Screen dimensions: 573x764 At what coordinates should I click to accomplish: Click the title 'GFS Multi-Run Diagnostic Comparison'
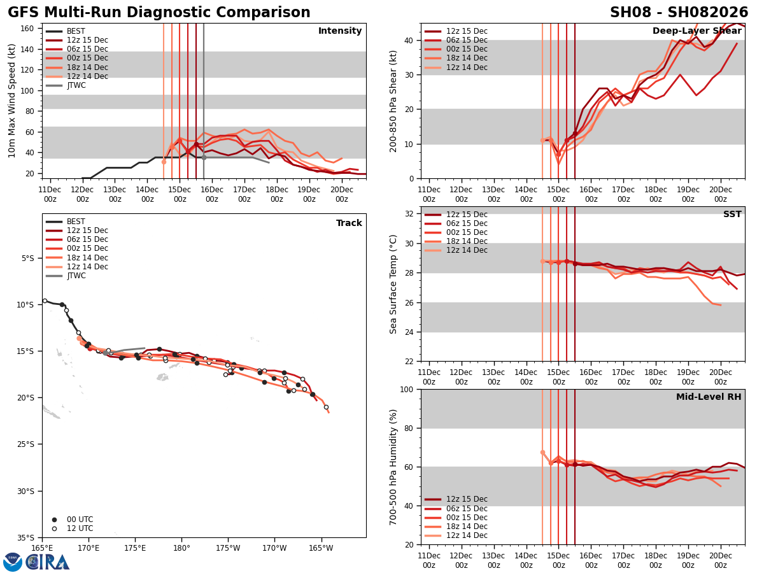(x=159, y=13)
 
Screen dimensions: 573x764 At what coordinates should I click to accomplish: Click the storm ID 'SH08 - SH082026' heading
(x=679, y=13)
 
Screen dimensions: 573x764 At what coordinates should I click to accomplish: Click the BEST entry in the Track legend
(x=76, y=222)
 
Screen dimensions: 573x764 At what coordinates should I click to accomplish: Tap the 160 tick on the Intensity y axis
(x=28, y=29)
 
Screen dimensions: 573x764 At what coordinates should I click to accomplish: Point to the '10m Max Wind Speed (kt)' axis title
(x=11, y=101)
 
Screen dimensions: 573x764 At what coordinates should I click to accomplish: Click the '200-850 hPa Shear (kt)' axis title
(x=394, y=101)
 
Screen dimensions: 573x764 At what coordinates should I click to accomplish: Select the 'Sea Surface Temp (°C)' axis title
(x=394, y=284)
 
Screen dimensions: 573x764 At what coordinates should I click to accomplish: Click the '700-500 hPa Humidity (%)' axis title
(x=394, y=467)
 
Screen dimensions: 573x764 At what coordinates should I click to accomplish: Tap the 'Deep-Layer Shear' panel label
(x=697, y=31)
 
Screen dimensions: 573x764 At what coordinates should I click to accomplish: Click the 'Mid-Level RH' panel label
(x=709, y=397)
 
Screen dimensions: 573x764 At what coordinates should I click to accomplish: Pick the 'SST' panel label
(x=732, y=215)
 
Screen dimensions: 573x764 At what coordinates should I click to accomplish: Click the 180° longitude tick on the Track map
(x=181, y=548)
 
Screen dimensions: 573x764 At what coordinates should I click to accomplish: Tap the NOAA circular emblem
(x=13, y=562)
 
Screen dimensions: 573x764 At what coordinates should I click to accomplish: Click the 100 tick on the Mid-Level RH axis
(x=406, y=389)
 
